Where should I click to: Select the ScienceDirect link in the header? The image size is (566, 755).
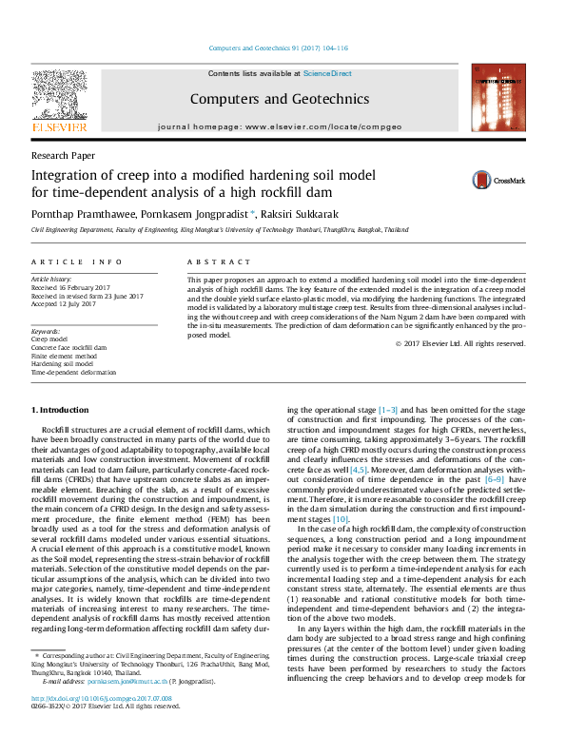[x=327, y=73]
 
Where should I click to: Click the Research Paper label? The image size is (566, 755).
[x=63, y=154]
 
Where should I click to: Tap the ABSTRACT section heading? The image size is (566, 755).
[x=211, y=261]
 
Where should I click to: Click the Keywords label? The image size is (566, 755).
[x=47, y=330]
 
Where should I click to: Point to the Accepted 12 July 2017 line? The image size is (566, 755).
[x=64, y=304]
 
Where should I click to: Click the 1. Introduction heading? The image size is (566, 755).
[x=61, y=409]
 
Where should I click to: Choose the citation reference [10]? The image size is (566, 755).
[x=342, y=519]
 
